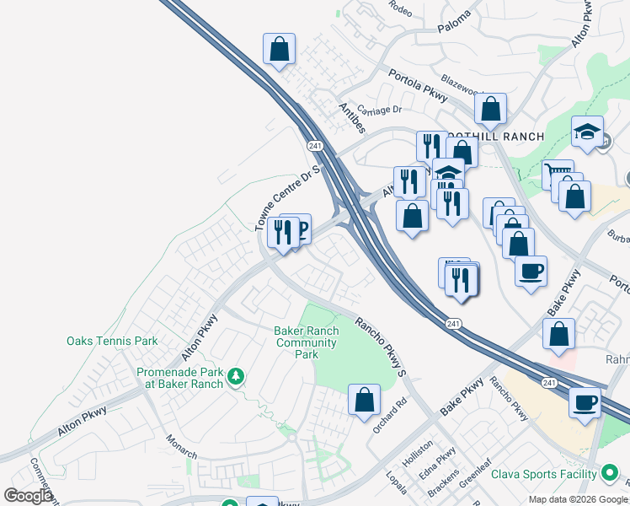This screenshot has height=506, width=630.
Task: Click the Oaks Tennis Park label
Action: point(112,342)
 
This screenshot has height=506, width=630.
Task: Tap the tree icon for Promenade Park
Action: point(237,374)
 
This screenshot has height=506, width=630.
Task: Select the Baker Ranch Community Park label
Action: point(306,342)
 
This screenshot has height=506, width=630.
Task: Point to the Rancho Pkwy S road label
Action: point(381,347)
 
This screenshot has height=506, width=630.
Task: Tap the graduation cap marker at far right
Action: point(588,131)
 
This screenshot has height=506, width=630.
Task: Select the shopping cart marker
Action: point(557,175)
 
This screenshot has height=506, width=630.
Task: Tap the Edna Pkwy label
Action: point(439,461)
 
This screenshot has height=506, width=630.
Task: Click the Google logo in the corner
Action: point(28,496)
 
